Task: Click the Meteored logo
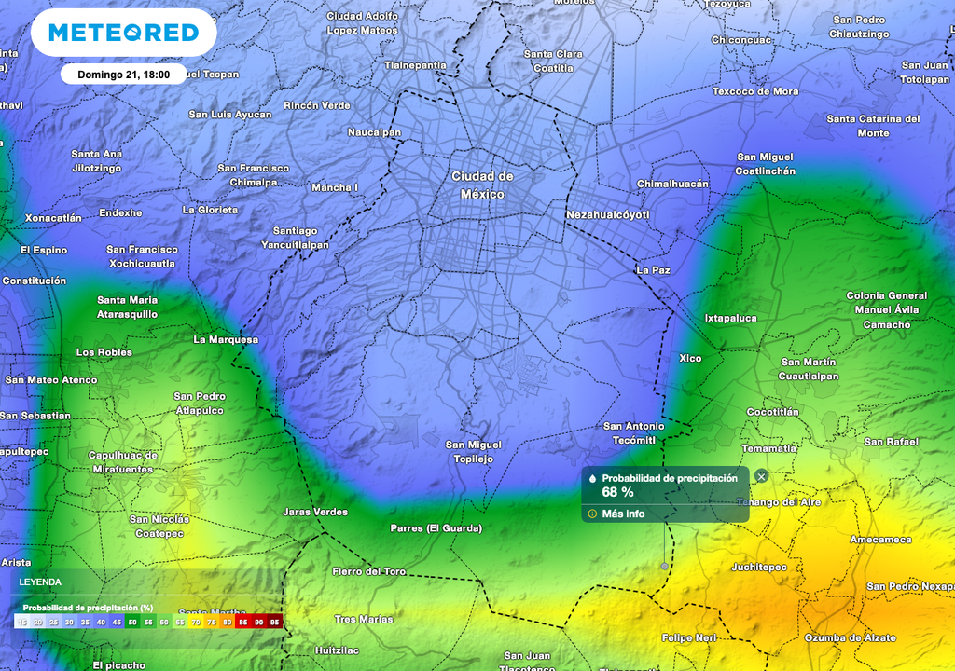[123, 33]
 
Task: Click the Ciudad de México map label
[482, 185]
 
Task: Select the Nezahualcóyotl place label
[607, 215]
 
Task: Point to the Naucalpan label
[374, 132]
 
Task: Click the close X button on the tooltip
[761, 476]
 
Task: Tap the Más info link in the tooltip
[623, 514]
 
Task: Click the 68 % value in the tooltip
[617, 492]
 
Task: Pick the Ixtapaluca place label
[730, 318]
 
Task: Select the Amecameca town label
[880, 540]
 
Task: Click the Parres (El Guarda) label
[436, 528]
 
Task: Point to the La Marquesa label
[226, 339]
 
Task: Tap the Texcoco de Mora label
[755, 91]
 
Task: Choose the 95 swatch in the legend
[274, 621]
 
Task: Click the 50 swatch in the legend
[132, 621]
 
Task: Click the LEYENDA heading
[41, 582]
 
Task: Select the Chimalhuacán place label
[672, 184]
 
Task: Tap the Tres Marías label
[364, 619]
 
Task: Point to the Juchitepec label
[758, 567]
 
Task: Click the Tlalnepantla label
[415, 65]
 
